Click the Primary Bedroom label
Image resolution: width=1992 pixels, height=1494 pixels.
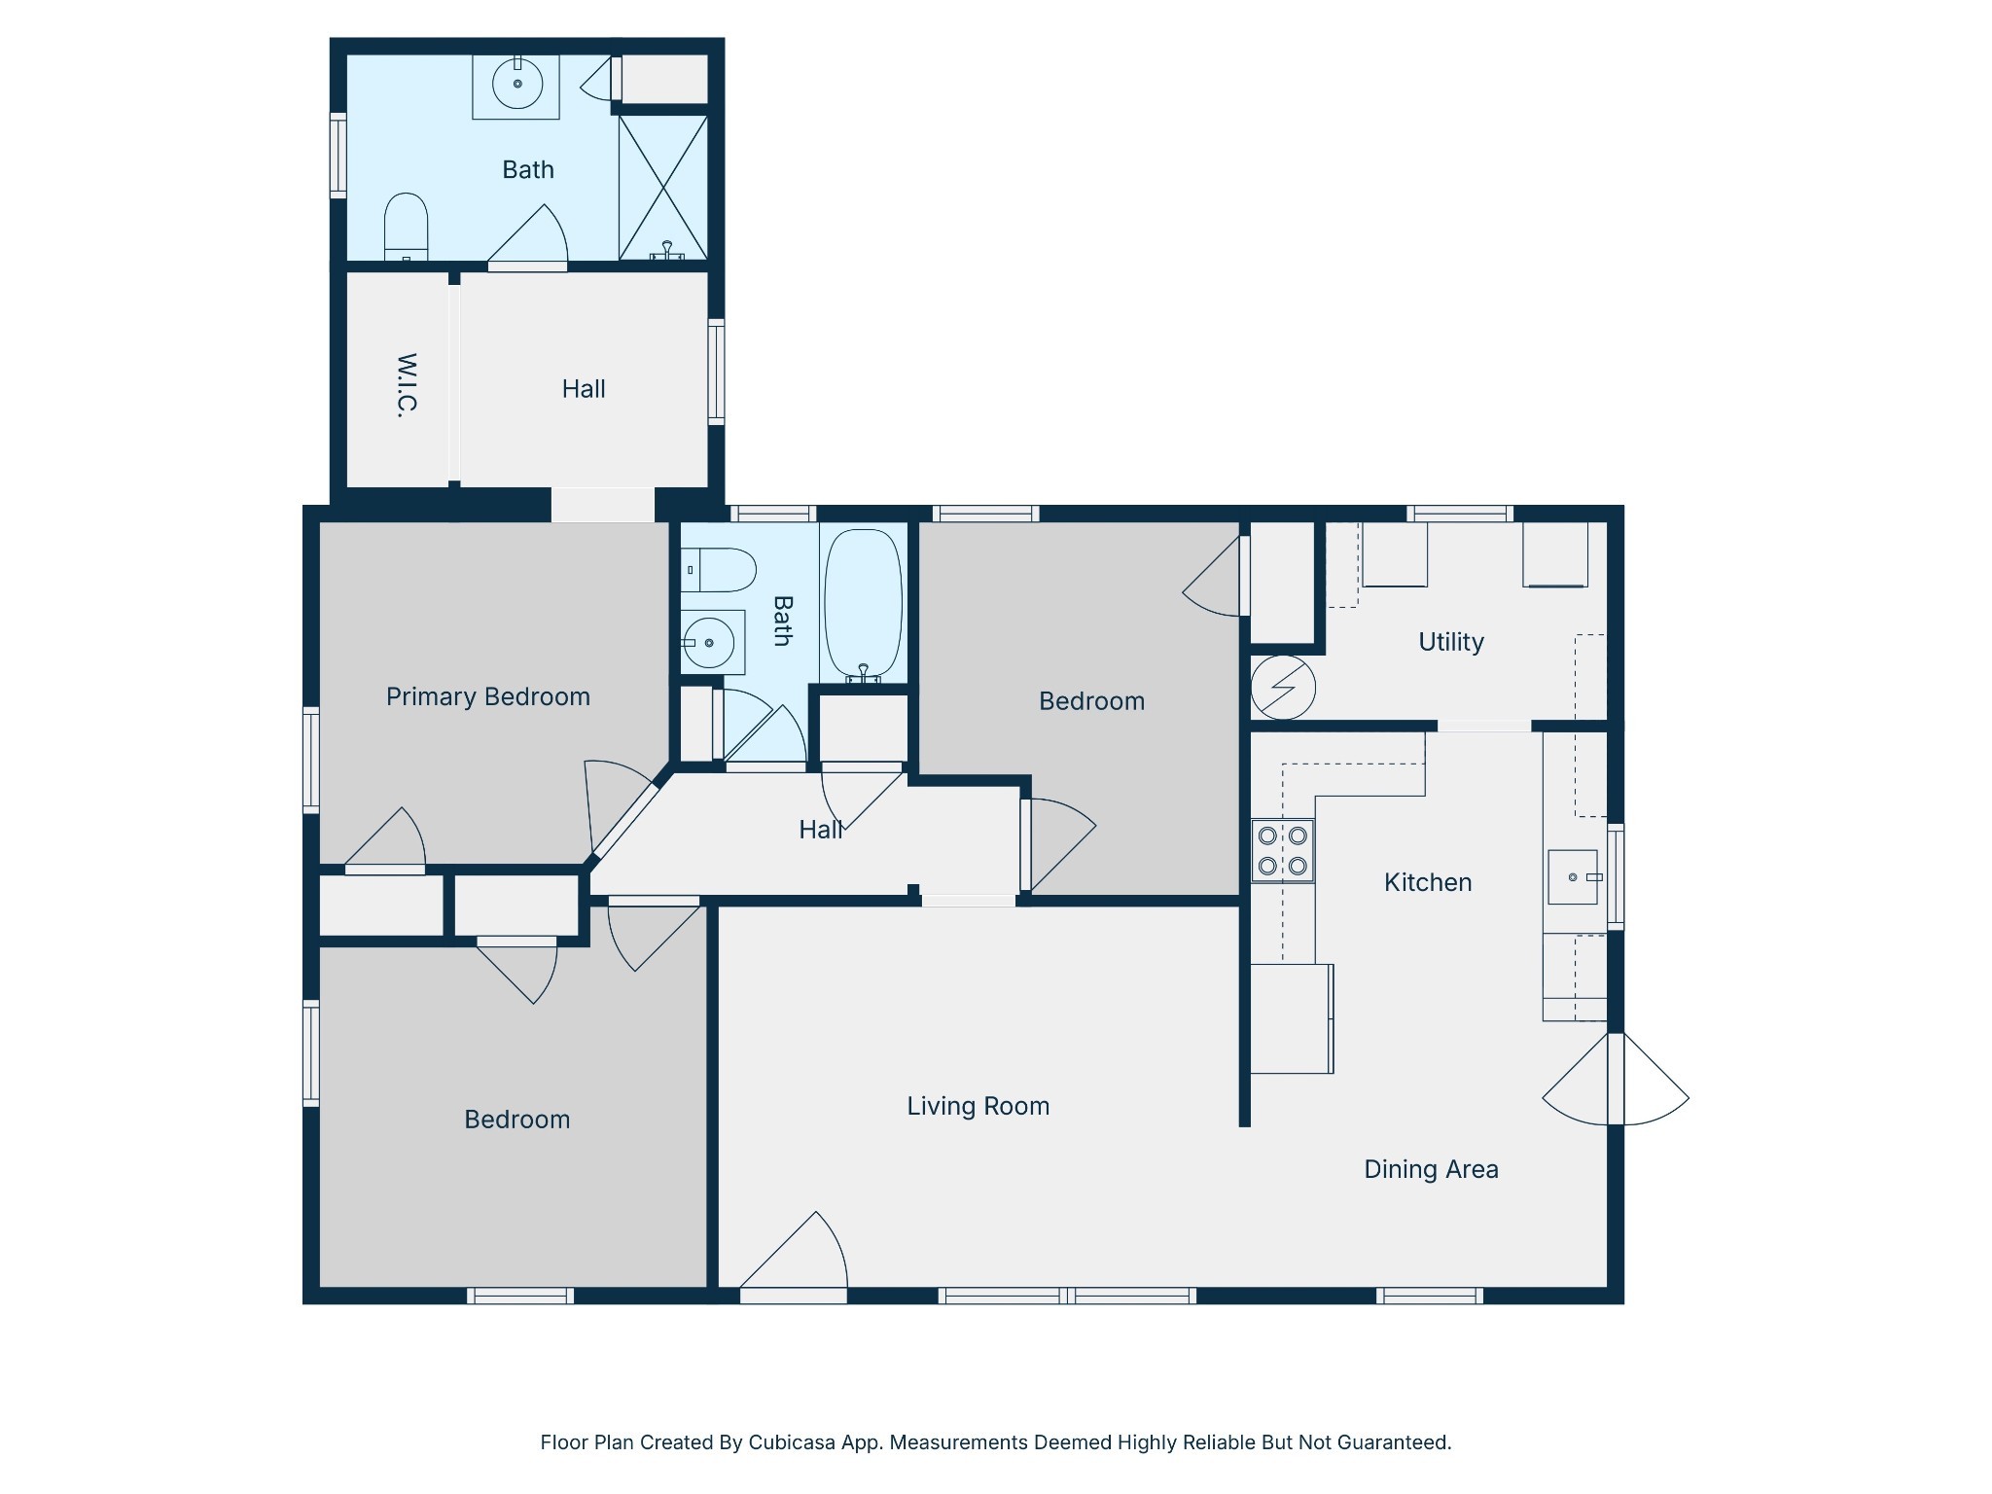click(488, 697)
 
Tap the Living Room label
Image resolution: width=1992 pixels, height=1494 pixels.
click(978, 1107)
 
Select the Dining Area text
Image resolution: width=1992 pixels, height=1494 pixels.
click(1431, 1169)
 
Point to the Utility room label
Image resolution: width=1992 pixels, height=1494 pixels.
click(1451, 642)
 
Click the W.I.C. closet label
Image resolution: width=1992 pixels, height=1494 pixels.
click(408, 385)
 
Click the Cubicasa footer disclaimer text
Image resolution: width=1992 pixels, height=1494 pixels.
click(996, 1442)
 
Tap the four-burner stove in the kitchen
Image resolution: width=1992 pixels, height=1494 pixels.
click(1282, 851)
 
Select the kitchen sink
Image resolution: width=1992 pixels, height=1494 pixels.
click(1574, 877)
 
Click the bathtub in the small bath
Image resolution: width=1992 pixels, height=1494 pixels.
click(863, 604)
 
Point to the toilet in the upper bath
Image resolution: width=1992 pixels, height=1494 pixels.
click(406, 227)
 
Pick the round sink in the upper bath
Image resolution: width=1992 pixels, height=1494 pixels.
click(516, 85)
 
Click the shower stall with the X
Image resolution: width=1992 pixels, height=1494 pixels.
click(663, 188)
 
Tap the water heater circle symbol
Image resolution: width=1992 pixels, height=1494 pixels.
click(1283, 688)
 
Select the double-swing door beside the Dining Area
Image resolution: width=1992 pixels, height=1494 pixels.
click(1616, 1080)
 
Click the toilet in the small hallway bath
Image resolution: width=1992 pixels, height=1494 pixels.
click(718, 570)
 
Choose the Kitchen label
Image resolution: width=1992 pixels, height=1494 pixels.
click(1428, 883)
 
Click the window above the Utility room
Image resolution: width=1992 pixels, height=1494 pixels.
click(1460, 514)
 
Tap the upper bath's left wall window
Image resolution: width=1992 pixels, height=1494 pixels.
click(338, 156)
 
